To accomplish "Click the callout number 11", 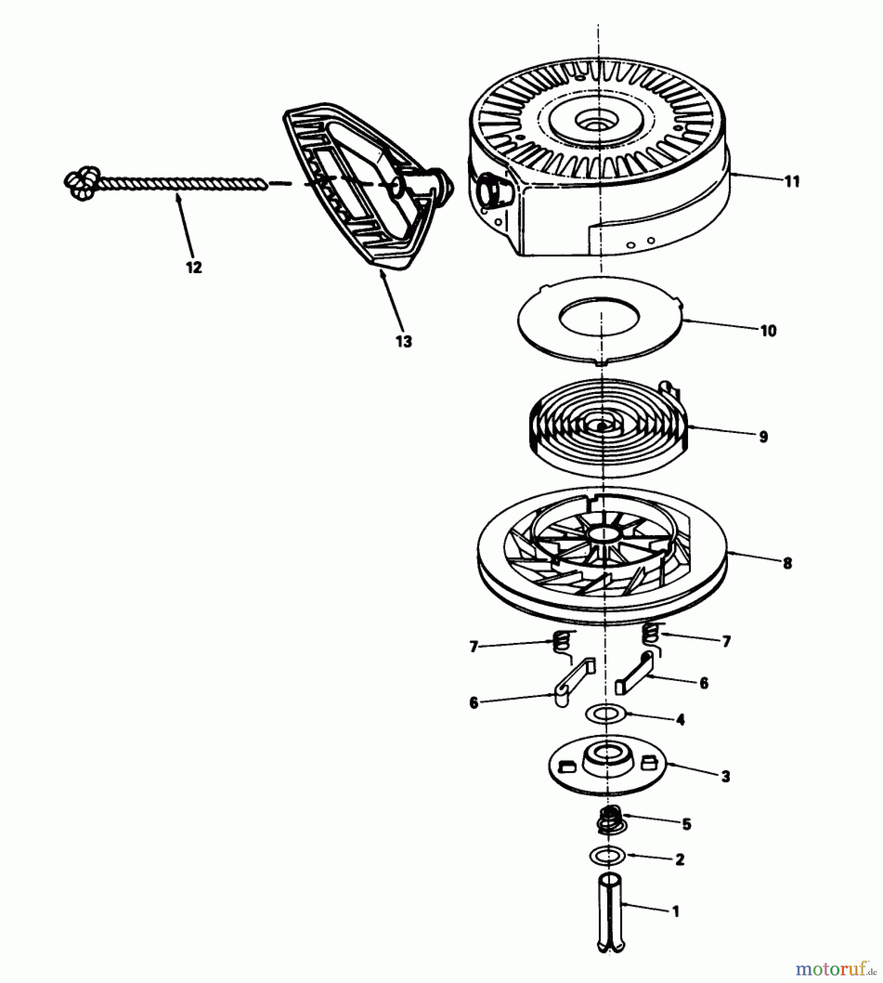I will click(x=792, y=181).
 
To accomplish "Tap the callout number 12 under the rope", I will click(x=193, y=267).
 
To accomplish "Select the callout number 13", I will click(x=404, y=342).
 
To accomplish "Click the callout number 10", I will click(x=768, y=331).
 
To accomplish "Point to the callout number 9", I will click(x=763, y=436).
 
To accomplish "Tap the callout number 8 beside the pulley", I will click(x=787, y=564).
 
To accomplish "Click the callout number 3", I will click(x=725, y=777).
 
